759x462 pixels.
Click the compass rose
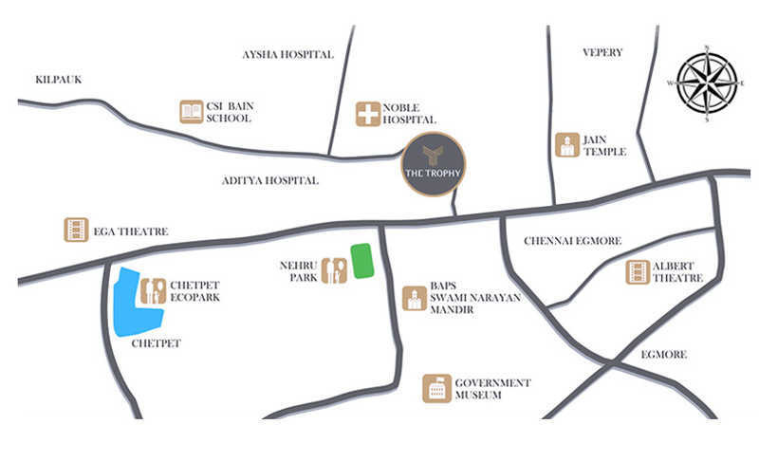point(706,83)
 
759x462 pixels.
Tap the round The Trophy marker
point(434,164)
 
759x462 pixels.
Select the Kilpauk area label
point(58,80)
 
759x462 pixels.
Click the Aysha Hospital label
point(288,55)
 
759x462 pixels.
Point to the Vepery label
point(602,52)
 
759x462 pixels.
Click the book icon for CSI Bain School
point(192,111)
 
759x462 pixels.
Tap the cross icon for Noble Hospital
point(367,114)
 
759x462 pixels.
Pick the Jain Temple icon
point(567,144)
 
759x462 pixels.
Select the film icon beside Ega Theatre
point(77,230)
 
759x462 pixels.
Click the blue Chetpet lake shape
point(136,303)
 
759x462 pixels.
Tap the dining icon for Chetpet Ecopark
point(153,290)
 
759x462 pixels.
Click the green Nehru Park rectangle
point(361,261)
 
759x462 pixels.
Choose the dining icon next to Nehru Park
point(333,270)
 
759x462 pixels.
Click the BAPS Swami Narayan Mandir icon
point(414,298)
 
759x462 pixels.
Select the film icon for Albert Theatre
point(638,271)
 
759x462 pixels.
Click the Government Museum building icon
point(436,387)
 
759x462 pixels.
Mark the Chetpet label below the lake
point(157,343)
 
